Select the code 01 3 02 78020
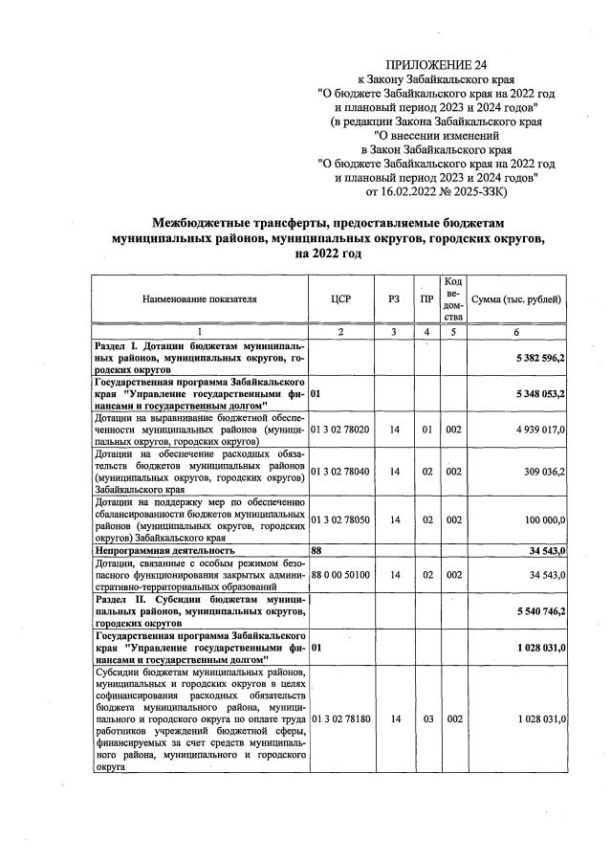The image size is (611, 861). [x=341, y=430]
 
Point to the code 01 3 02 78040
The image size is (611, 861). [x=341, y=472]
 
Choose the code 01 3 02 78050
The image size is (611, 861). [x=341, y=519]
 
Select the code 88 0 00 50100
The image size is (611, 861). [x=341, y=574]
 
